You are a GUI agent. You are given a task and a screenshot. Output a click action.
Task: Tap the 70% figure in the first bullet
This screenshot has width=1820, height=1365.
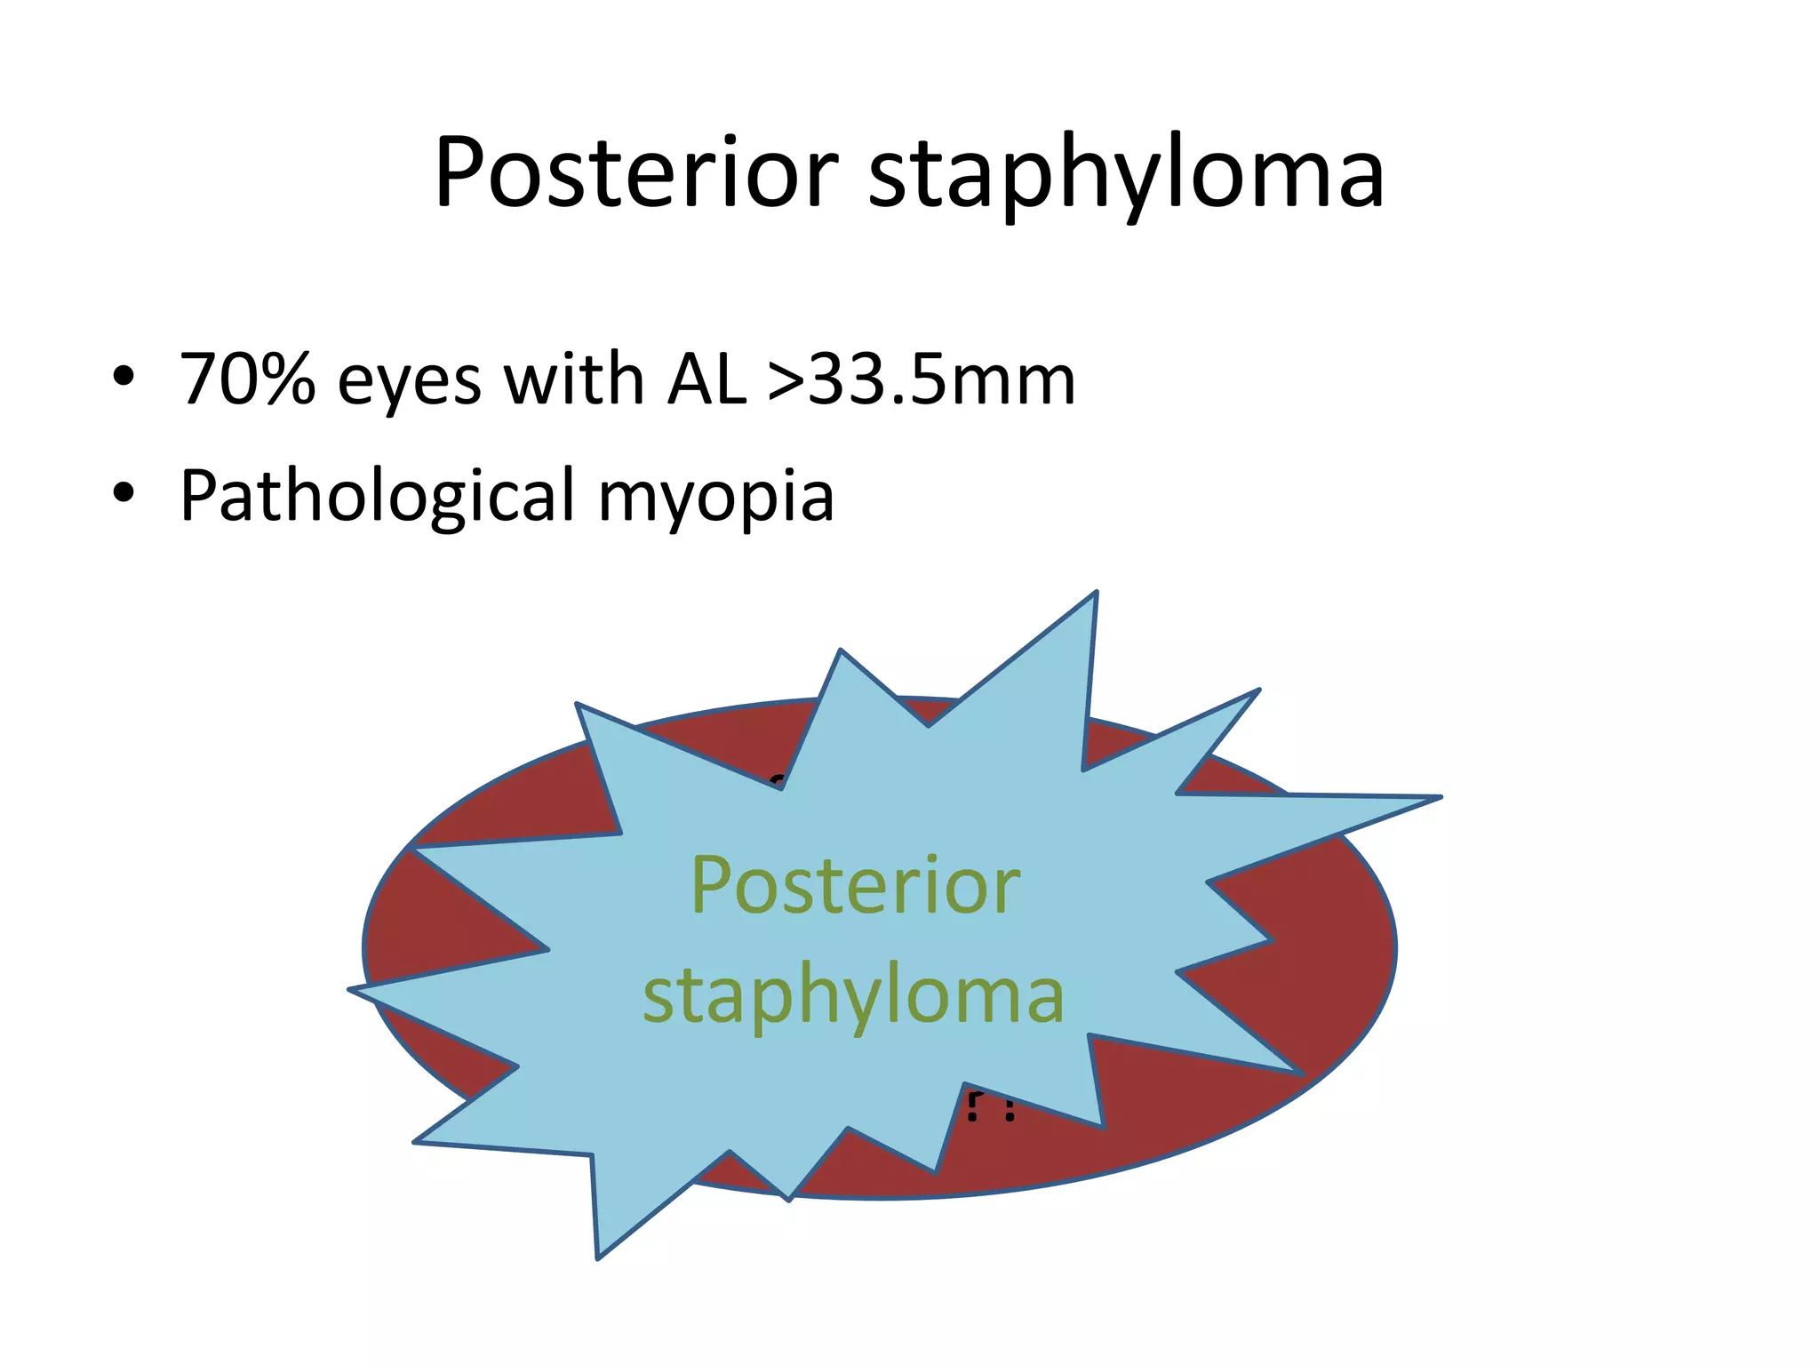point(248,379)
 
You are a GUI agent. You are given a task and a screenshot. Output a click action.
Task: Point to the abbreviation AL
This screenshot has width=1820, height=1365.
point(706,379)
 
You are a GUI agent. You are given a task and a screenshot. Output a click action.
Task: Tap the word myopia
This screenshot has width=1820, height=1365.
point(716,499)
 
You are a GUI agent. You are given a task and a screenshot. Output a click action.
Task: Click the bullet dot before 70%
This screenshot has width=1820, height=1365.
point(124,377)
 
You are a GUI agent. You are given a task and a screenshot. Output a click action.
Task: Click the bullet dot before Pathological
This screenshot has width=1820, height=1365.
point(124,492)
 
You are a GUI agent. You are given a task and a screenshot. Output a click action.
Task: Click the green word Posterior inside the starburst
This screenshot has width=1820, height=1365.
point(855,886)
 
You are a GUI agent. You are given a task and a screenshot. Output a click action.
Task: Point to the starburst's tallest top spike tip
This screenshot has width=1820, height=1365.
point(1096,594)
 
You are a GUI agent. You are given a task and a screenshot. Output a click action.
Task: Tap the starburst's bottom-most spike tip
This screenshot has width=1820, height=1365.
point(598,1256)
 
